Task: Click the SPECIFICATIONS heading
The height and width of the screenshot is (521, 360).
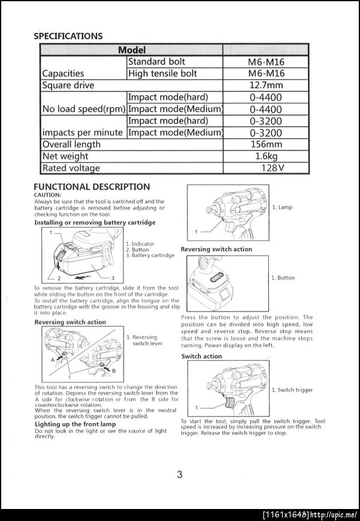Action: coord(68,36)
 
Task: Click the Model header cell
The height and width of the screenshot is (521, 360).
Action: coord(131,50)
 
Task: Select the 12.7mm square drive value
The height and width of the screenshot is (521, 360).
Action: coord(265,85)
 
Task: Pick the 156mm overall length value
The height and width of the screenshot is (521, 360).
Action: coord(265,144)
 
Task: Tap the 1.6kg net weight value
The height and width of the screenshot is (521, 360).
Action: coord(266,156)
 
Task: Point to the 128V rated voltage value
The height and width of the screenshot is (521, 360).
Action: coord(272,168)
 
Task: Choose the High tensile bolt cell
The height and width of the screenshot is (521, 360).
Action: coord(162,73)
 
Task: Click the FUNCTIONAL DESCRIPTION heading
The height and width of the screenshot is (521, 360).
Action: coord(92,187)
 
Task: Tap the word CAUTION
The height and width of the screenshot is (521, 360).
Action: coord(47,194)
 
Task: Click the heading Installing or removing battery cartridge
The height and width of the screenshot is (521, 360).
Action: coord(95,222)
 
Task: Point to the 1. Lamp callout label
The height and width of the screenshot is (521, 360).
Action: coord(282,207)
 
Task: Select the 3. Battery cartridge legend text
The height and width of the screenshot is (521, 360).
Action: coord(150,255)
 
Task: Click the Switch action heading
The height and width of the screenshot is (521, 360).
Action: coord(202,356)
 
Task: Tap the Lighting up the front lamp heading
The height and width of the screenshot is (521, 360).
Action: coord(75,424)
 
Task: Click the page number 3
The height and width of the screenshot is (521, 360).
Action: coord(179,475)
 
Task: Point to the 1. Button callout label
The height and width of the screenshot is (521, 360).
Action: coord(283,278)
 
